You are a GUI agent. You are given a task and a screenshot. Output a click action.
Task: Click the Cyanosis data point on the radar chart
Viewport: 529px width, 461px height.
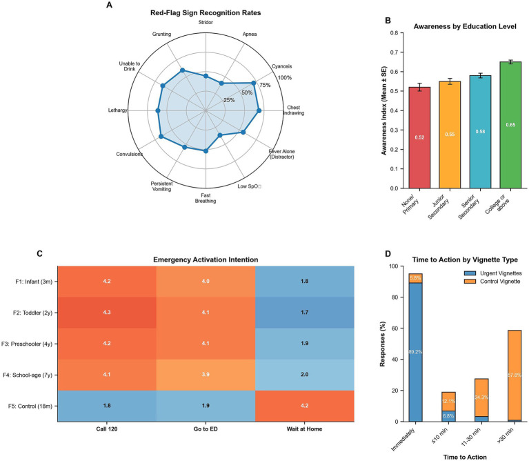(x=253, y=83)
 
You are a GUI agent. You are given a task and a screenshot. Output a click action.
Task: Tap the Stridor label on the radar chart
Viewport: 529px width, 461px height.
(x=206, y=22)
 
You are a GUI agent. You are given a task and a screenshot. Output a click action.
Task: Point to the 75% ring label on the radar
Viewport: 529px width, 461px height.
(x=265, y=85)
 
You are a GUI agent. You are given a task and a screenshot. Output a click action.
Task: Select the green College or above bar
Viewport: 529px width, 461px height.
(x=510, y=125)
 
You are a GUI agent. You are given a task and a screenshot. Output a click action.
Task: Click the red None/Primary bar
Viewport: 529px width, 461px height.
(x=419, y=138)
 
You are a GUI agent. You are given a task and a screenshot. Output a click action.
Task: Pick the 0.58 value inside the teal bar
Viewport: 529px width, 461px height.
(x=480, y=132)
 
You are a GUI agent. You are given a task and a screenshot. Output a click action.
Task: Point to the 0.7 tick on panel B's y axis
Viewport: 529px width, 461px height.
(x=394, y=52)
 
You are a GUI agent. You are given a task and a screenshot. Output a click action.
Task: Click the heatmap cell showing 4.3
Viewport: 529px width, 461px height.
(x=107, y=313)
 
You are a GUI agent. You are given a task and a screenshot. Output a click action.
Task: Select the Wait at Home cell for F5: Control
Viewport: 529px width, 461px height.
(x=305, y=406)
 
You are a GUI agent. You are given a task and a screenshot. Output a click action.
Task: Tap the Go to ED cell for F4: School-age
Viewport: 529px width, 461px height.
(x=206, y=375)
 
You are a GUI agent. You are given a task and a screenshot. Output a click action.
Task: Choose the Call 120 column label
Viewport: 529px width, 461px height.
(x=107, y=429)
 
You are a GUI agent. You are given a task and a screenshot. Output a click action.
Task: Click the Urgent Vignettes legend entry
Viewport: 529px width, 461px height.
(x=493, y=273)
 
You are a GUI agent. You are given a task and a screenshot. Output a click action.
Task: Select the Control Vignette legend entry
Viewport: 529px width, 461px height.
(x=492, y=282)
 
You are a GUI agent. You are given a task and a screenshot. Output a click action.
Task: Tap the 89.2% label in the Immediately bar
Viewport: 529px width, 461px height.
(x=415, y=352)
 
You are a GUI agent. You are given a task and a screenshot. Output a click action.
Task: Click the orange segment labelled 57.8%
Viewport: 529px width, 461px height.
(x=515, y=375)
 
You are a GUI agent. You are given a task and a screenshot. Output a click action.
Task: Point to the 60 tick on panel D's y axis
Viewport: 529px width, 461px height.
(x=395, y=328)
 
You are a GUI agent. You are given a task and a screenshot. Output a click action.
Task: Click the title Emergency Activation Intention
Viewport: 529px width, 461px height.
(x=206, y=260)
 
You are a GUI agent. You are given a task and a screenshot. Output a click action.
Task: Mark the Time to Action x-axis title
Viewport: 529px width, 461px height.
(x=465, y=458)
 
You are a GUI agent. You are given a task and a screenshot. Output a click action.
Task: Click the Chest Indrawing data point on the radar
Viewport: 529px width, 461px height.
(x=259, y=110)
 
